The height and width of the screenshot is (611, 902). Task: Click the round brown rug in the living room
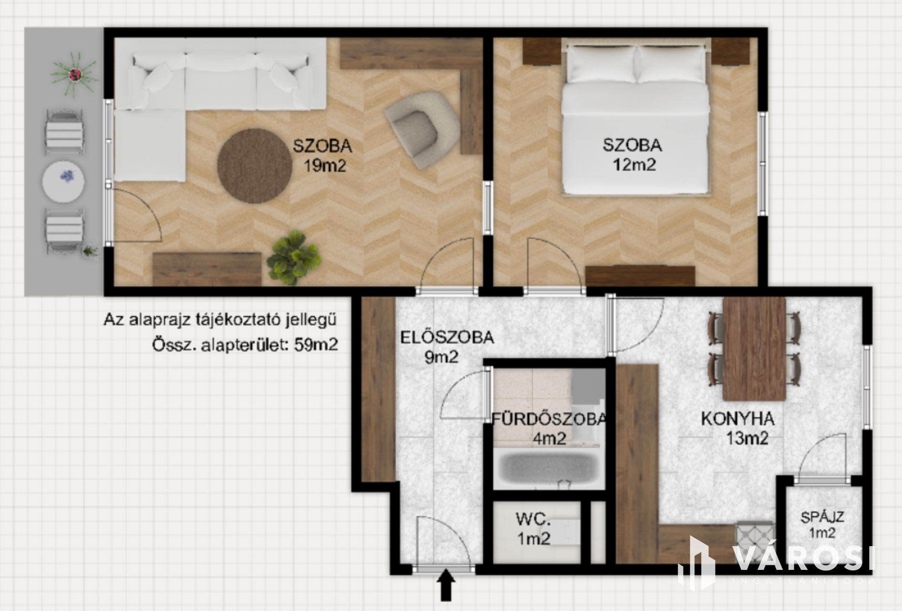(255, 166)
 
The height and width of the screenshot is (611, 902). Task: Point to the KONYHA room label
(737, 419)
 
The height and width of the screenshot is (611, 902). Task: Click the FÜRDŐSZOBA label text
(549, 419)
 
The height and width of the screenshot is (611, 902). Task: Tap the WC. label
(533, 519)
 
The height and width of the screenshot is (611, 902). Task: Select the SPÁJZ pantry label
(822, 517)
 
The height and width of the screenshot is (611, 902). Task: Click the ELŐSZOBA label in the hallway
(447, 337)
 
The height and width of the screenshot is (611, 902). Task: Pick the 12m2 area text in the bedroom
(634, 165)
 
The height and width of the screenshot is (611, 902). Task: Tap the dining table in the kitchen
(754, 349)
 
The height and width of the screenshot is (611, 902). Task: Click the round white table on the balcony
(63, 182)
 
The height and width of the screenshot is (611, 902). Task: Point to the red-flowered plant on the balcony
(75, 74)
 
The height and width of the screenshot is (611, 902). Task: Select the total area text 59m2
(316, 345)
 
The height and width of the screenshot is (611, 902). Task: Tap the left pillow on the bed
(600, 63)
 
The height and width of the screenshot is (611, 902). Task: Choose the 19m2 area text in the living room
(325, 166)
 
